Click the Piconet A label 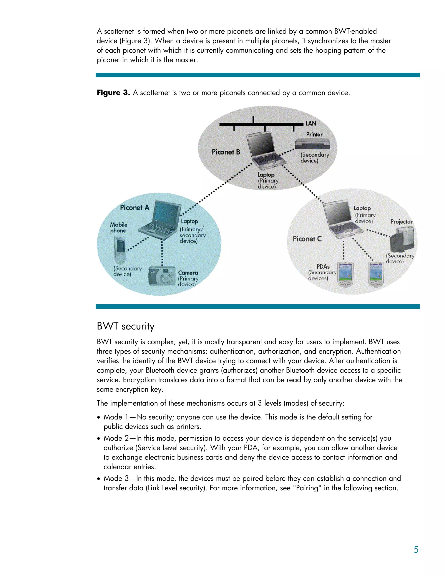(134, 208)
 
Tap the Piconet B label (226, 152)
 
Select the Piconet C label (307, 239)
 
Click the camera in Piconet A (162, 276)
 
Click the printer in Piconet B (312, 143)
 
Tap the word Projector (401, 221)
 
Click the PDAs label (323, 267)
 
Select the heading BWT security (126, 326)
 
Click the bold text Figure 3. (113, 93)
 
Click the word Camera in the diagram (188, 273)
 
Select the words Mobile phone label (119, 228)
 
